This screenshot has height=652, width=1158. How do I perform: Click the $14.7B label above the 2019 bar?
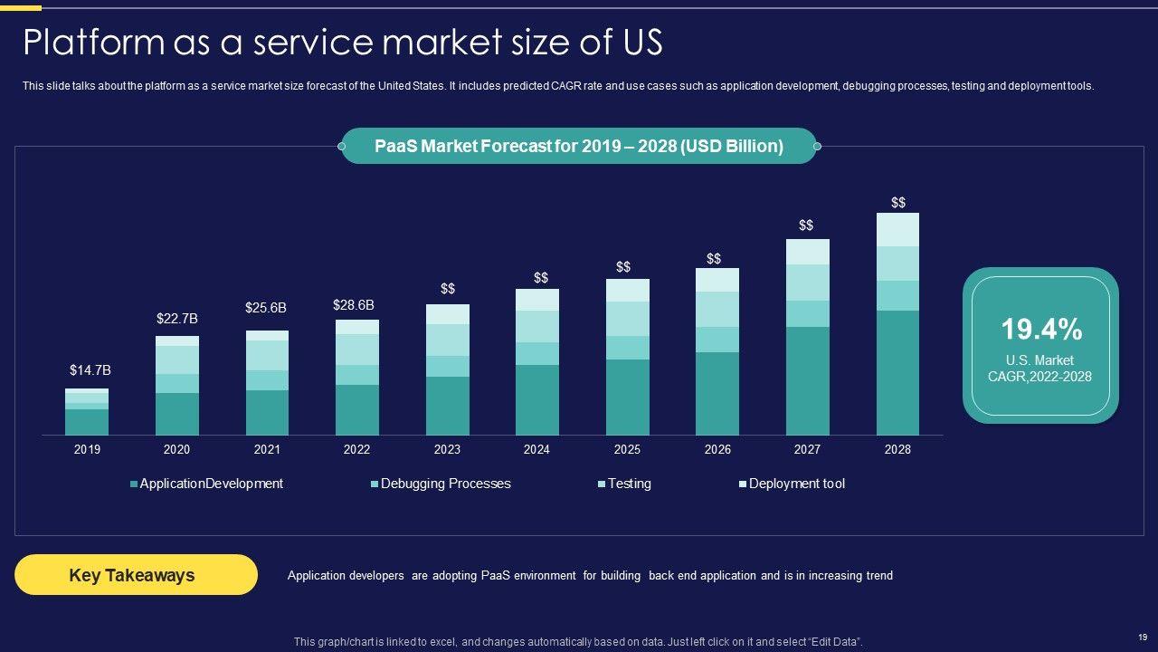pos(90,370)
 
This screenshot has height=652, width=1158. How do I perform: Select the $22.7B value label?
pos(177,319)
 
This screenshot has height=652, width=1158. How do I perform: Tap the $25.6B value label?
pos(266,308)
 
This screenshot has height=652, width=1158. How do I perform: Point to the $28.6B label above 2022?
pos(354,305)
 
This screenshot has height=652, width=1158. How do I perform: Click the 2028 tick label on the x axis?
pos(897,450)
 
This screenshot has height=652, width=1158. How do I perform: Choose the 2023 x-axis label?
pos(447,450)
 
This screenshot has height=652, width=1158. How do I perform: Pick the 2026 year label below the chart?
pos(717,450)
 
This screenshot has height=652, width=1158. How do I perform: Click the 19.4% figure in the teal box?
pos(1041,330)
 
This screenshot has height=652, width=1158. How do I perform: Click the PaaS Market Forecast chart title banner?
pos(579,146)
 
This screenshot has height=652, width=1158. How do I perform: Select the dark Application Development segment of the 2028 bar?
pos(897,373)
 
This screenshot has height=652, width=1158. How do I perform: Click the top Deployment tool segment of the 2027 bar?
pos(808,252)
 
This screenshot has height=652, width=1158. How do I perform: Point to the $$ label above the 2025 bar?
pos(623,267)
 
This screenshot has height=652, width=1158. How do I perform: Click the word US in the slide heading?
pos(639,43)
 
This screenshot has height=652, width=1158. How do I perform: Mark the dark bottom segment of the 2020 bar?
pos(177,414)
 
